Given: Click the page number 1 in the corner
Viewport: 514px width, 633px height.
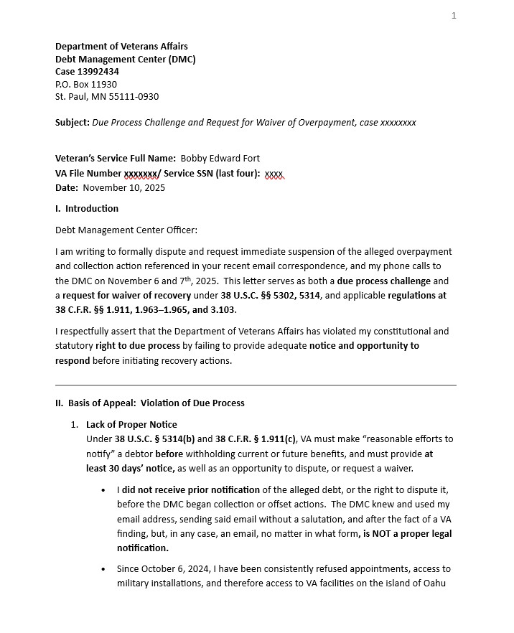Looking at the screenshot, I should pyautogui.click(x=454, y=16).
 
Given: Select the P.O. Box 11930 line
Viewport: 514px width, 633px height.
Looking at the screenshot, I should pyautogui.click(x=86, y=84).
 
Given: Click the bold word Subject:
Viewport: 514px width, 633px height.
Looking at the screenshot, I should pyautogui.click(x=73, y=123).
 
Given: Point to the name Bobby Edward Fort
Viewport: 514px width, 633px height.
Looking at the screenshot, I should pyautogui.click(x=220, y=159).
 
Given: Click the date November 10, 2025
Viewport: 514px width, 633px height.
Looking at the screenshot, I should pyautogui.click(x=123, y=188).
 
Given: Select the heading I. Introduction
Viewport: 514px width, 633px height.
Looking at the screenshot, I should pyautogui.click(x=87, y=209).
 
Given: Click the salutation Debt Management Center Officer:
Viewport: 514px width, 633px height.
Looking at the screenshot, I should pyautogui.click(x=126, y=230).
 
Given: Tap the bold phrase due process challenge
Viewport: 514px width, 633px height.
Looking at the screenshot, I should pyautogui.click(x=384, y=281).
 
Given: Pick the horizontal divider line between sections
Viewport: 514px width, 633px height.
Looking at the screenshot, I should pyautogui.click(x=256, y=385).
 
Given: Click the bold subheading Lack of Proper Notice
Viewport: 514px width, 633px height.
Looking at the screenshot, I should pyautogui.click(x=131, y=425).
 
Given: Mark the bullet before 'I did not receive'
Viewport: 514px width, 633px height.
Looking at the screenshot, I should pyautogui.click(x=105, y=491).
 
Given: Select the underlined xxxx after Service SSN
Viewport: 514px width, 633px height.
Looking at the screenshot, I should pyautogui.click(x=274, y=174).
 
